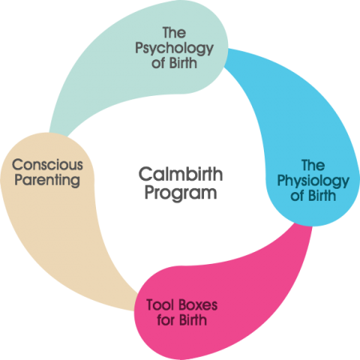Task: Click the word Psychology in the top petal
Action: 175,48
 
